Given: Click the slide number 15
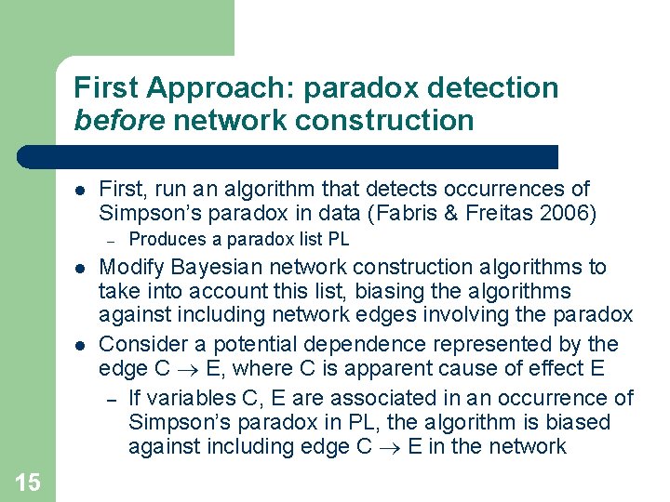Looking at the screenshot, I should [x=27, y=482].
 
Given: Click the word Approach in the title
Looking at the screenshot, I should [x=216, y=87].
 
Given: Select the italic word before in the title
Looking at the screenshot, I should [x=120, y=120].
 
